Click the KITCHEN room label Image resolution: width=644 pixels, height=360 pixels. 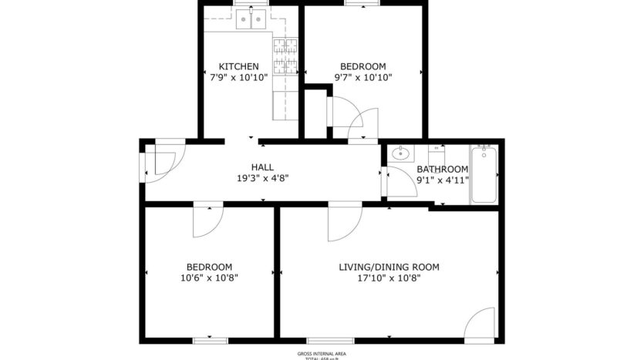238,66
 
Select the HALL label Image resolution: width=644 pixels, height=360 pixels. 262,167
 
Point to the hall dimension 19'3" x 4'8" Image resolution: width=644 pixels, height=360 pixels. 262,178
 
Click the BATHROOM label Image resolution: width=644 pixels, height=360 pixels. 442,170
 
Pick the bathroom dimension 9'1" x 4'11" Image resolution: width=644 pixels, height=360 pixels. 442,180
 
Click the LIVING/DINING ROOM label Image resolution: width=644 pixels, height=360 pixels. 389,267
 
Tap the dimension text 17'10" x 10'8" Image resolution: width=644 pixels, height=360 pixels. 389,278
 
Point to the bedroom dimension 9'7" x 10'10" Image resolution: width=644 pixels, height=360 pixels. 363,77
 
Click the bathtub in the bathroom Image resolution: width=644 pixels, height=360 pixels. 484,175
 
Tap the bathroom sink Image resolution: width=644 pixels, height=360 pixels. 400,153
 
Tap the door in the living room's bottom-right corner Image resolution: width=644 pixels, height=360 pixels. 480,323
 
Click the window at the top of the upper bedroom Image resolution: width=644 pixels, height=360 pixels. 362,4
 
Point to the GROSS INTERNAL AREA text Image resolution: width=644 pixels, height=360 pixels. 322,353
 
